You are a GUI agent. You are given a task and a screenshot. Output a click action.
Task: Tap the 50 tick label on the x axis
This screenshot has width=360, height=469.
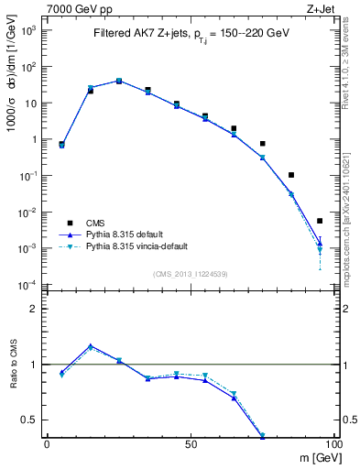[x=191, y=443]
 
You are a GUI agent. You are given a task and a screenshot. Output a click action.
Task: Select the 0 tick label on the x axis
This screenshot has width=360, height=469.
[x=47, y=443]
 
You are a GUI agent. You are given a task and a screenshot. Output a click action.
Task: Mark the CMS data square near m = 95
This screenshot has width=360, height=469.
[x=320, y=221]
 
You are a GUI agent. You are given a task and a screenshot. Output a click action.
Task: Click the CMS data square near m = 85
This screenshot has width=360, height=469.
[x=291, y=175]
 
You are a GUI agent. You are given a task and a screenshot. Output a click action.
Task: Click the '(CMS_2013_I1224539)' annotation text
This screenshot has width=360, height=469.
[x=191, y=273]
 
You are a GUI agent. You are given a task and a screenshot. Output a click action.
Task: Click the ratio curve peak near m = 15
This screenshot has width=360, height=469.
[x=91, y=346]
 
